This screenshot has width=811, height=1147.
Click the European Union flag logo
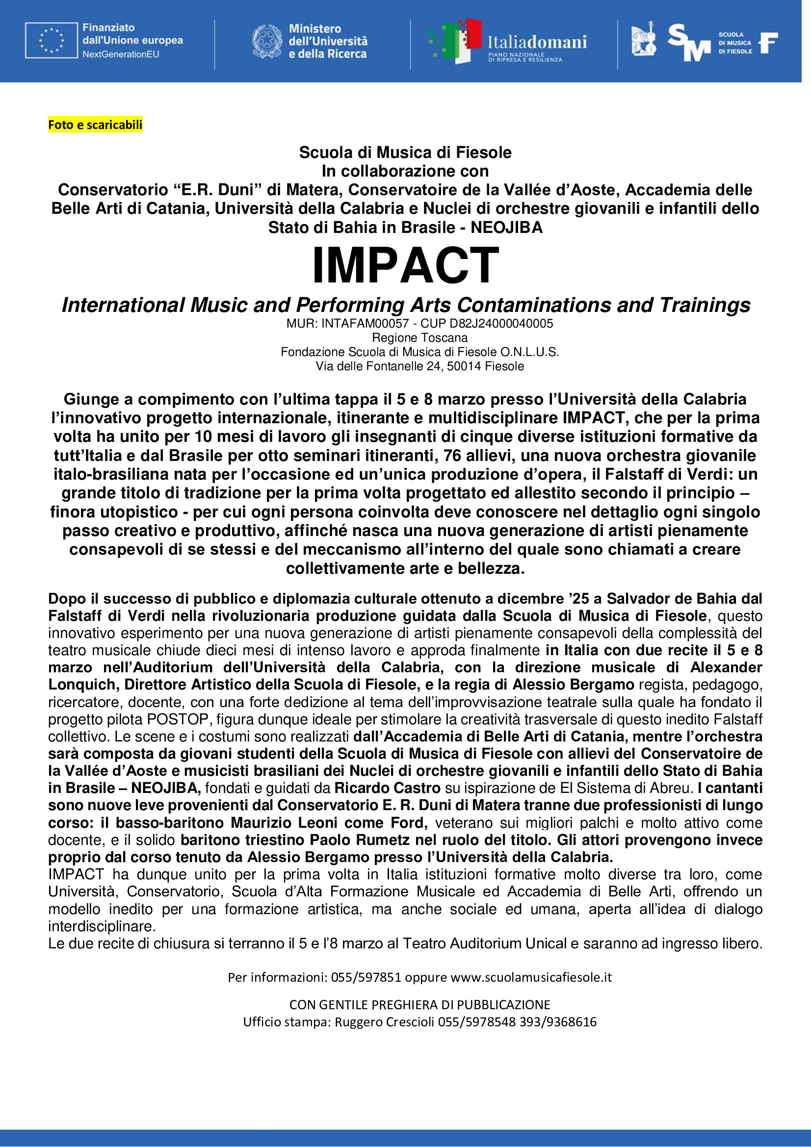click(x=52, y=41)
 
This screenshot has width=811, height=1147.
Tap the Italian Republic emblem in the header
click(x=267, y=42)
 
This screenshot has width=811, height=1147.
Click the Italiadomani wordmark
click(x=537, y=42)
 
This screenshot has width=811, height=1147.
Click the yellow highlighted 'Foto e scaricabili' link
click(x=95, y=125)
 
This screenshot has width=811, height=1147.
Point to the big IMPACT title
click(x=405, y=265)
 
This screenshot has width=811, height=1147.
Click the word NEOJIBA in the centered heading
click(x=506, y=228)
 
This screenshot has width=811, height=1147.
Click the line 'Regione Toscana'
click(x=420, y=338)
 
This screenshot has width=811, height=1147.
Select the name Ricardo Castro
click(x=387, y=788)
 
